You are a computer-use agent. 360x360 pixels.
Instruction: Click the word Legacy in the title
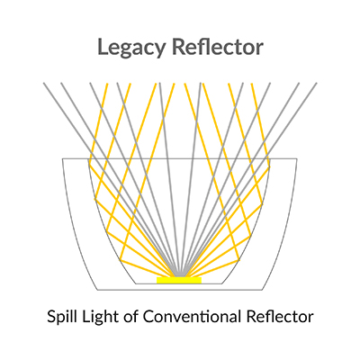tap(131, 49)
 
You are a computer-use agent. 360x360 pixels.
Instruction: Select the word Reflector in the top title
tap(218, 47)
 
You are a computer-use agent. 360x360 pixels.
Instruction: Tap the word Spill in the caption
tap(60, 317)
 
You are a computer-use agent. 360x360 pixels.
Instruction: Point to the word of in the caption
tap(131, 317)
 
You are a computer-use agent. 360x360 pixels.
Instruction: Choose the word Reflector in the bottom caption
tap(280, 317)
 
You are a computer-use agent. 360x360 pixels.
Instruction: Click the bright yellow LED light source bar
tap(179, 280)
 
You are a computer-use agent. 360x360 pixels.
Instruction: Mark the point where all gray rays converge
tap(179, 275)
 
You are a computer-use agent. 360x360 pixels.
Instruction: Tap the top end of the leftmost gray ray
tap(44, 83)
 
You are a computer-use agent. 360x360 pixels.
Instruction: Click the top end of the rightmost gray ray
tap(316, 83)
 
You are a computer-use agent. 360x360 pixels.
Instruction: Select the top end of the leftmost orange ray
tap(107, 83)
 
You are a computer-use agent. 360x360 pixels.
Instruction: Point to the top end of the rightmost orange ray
tap(252, 83)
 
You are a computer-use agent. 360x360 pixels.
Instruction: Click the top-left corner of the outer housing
tap(62, 158)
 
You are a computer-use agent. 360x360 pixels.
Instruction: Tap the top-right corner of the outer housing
tap(297, 158)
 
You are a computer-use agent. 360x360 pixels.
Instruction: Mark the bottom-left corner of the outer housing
tap(97, 290)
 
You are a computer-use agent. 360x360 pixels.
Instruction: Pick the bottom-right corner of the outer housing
tap(262, 290)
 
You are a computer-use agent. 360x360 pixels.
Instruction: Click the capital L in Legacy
tap(103, 47)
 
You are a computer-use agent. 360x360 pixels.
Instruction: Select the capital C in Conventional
tap(148, 317)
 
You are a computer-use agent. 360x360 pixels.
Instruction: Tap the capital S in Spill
tap(51, 317)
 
